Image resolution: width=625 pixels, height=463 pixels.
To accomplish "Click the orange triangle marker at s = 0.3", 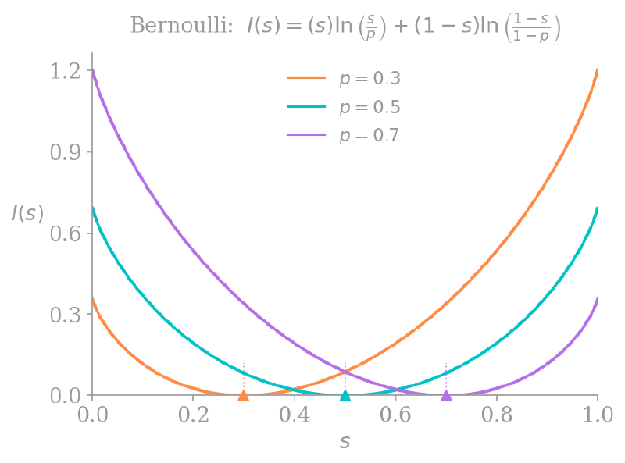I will pyautogui.click(x=244, y=396).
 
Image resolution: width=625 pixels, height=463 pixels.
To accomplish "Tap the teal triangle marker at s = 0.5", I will pyautogui.click(x=345, y=396).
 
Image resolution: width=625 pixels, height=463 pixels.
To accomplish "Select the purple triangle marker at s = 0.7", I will pyautogui.click(x=446, y=396).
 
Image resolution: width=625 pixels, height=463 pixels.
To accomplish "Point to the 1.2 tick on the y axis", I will pyautogui.click(x=66, y=71).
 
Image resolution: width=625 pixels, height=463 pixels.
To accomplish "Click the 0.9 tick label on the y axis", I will pyautogui.click(x=66, y=152).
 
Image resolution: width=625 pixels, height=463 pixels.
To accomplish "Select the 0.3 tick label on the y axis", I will pyautogui.click(x=66, y=314).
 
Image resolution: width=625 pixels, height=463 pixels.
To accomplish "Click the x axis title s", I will pyautogui.click(x=345, y=442).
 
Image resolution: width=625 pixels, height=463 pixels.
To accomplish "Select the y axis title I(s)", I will pyautogui.click(x=27, y=213).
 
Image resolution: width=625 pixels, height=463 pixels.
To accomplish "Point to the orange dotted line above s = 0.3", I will pyautogui.click(x=244, y=376).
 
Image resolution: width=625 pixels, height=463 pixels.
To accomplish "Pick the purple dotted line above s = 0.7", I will pyautogui.click(x=446, y=376).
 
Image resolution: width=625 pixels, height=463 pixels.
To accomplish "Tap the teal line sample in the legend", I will pyautogui.click(x=305, y=107).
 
